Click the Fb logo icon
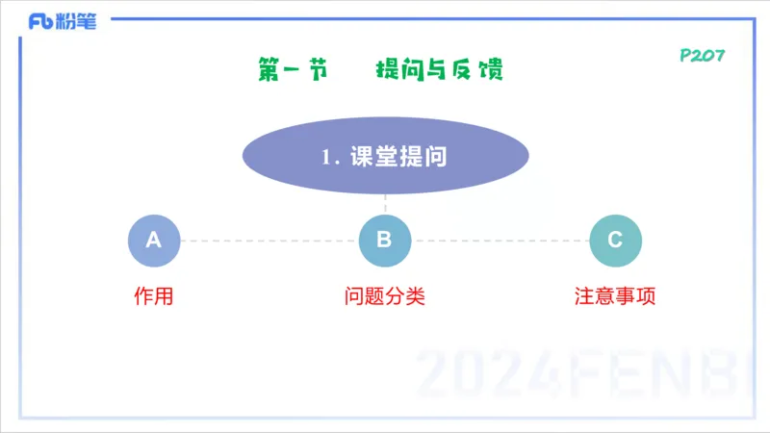pos(39,21)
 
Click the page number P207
pos(702,56)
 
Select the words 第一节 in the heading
pos(293,70)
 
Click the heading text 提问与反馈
pos(439,70)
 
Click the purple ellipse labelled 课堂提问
pos(385,156)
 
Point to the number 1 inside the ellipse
pos(327,158)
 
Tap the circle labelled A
pos(154,241)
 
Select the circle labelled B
pos(385,241)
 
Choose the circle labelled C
pos(616,241)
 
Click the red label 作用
pos(154,296)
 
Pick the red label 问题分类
pos(385,296)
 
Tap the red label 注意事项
pos(616,296)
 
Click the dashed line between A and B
pos(269,241)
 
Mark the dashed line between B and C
pos(500,241)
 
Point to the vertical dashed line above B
pos(385,203)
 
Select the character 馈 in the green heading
pos(490,70)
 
